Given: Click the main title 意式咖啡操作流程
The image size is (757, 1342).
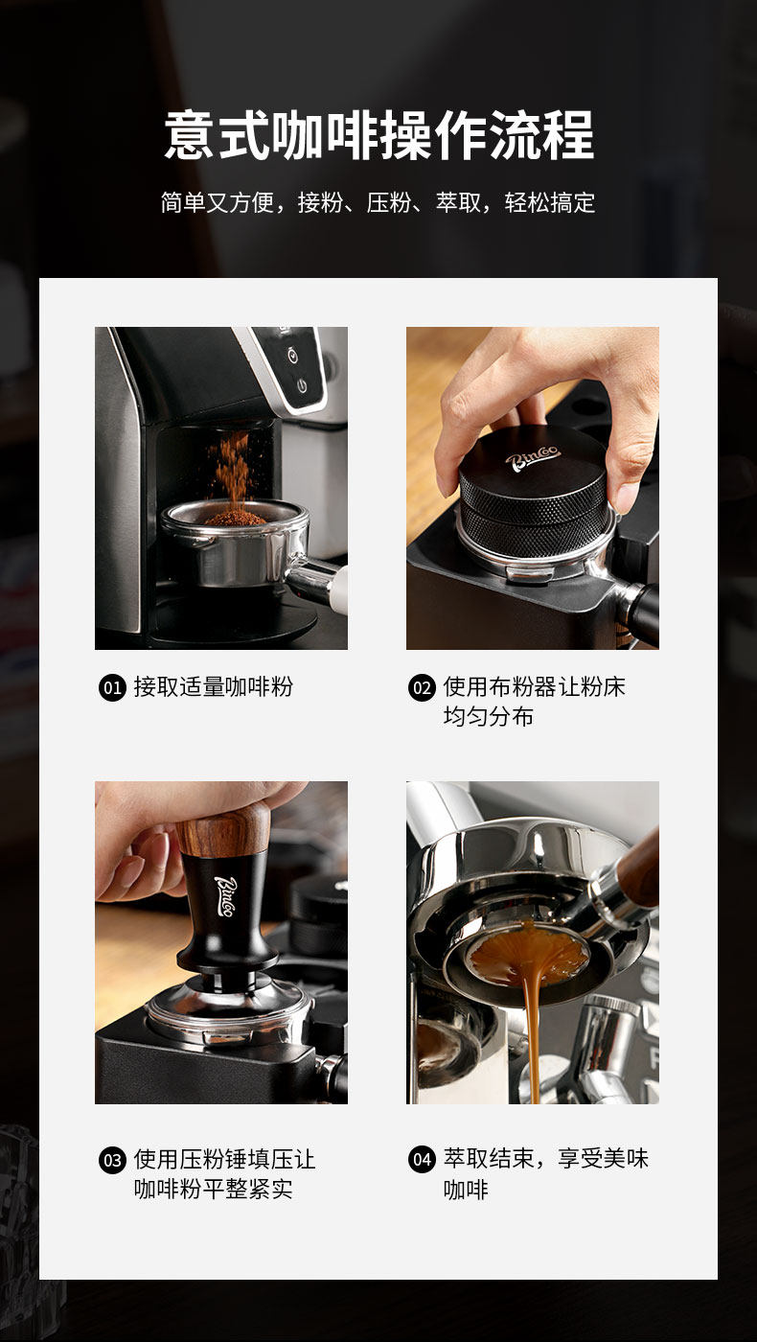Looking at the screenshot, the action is pos(378,135).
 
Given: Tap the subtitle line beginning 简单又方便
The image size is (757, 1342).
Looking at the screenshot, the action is pos(378,202).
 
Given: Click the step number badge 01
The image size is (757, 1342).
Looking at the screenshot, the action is pos(113,687).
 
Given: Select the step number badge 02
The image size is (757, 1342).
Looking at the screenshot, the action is pos(422,687).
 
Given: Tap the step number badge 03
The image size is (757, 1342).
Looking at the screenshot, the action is pos(113,1161).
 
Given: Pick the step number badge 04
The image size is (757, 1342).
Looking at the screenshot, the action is pos(422,1161).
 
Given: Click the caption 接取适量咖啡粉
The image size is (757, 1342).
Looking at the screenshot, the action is pos(213,686).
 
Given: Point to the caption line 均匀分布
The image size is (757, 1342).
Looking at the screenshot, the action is pos(488,717).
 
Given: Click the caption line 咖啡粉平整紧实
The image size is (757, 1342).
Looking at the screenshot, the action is pos(213,1190).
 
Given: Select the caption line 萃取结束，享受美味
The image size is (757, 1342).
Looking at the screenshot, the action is pos(545,1159).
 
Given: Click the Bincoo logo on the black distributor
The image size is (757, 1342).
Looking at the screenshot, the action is pos(532,458).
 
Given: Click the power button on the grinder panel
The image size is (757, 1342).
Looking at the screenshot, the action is pos(303,385).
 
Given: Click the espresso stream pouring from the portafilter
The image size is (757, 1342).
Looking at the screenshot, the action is pos(531,1030).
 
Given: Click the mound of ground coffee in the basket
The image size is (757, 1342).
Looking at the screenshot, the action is pos(236,518).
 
